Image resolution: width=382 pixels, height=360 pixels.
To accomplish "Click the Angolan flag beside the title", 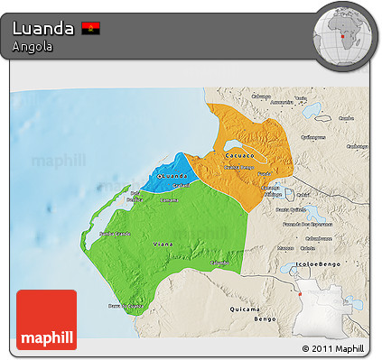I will (x=90, y=28).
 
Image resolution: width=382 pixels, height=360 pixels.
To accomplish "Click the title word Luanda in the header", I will (x=42, y=28).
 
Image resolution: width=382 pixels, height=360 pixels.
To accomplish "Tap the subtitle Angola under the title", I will (x=29, y=46).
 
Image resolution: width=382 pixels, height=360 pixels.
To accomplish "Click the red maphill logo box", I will (x=47, y=318).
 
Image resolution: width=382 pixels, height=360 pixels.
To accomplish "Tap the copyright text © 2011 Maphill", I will (x=332, y=347).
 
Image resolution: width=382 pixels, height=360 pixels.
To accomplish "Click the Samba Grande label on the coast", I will (x=109, y=234).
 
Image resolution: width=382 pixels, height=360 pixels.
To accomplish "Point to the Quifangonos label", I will (x=312, y=138).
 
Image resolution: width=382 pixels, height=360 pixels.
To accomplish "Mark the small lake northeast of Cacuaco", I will (x=316, y=113).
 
